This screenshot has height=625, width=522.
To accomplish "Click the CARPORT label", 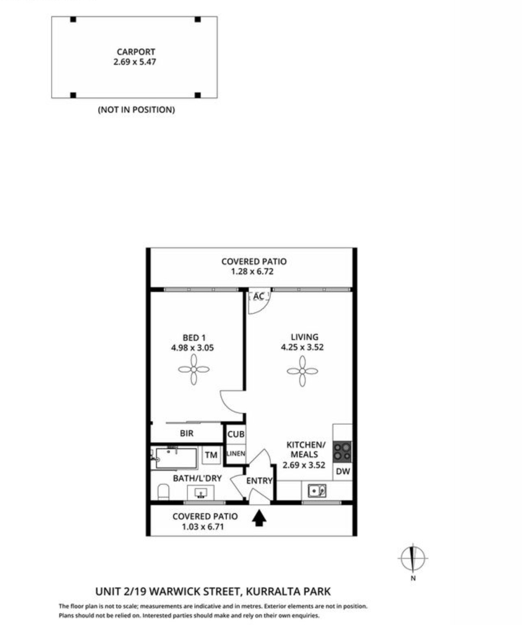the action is (x=136, y=52).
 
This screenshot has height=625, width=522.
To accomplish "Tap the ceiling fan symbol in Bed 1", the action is (x=194, y=369).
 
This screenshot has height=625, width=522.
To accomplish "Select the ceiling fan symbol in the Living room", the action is (x=302, y=371).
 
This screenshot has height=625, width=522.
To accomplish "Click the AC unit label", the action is (x=259, y=297).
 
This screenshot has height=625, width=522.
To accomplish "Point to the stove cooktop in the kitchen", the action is (x=343, y=451).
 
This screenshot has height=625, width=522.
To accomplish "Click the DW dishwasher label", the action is (x=343, y=471).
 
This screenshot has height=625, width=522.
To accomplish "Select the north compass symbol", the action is (x=413, y=558).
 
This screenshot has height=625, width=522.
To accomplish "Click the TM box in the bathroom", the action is (x=211, y=455).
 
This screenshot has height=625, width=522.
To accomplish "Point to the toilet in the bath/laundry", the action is (x=163, y=492).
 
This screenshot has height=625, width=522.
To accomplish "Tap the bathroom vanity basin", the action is (x=201, y=493).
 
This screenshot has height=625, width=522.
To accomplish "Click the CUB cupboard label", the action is (x=236, y=434).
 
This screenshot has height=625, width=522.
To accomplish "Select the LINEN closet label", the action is (x=236, y=454).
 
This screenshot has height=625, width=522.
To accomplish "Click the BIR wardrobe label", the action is (x=187, y=433).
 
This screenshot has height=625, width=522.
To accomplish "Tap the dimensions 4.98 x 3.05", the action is (x=192, y=348).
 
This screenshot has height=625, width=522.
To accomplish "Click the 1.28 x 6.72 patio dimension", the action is (x=252, y=272).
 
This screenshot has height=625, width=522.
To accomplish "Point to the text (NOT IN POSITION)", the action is (x=136, y=110).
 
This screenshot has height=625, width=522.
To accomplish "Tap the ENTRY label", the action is (x=259, y=481).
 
